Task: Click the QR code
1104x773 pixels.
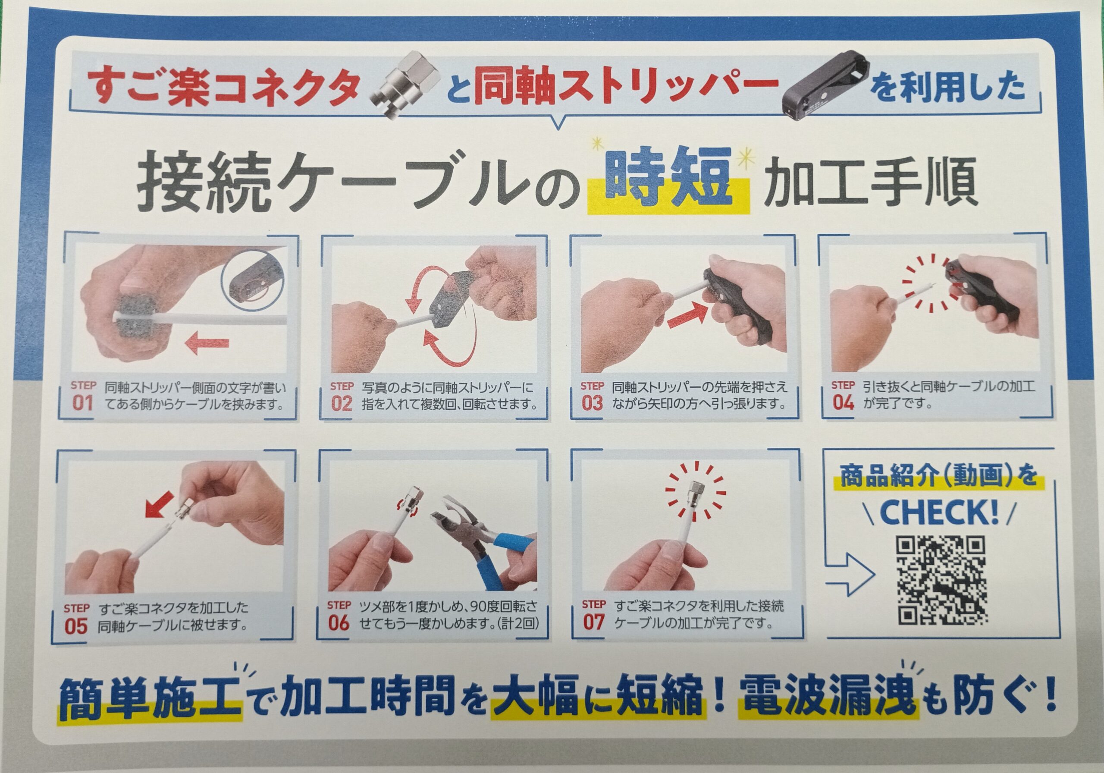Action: pyautogui.click(x=941, y=581)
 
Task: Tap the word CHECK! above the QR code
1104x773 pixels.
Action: pyautogui.click(x=939, y=513)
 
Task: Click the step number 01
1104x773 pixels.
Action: pyautogui.click(x=82, y=403)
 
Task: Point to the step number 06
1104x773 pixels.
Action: pyautogui.click(x=339, y=623)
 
